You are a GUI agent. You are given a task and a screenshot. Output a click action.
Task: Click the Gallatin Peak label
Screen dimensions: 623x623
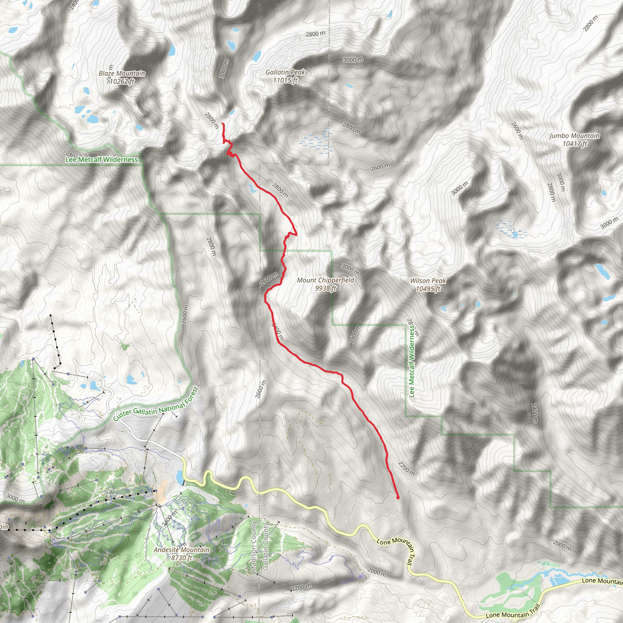coord(285,72)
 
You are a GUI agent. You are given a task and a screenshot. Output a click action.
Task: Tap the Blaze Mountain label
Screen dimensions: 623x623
coord(122,74)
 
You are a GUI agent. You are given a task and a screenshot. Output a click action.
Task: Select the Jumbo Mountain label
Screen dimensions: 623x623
coord(574,136)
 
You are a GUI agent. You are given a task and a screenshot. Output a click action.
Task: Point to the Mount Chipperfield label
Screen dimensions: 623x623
coord(325,280)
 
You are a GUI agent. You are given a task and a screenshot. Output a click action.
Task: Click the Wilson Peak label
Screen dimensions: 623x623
coord(428,281)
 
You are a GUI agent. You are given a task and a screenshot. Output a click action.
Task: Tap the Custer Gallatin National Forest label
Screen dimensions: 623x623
coord(156,404)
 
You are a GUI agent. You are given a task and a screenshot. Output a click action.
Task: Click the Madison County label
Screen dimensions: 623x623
coord(254,547)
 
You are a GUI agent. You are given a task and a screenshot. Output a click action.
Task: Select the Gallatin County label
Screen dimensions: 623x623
coord(265,547)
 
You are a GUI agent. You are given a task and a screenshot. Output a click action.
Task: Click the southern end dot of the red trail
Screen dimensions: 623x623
coord(398,498)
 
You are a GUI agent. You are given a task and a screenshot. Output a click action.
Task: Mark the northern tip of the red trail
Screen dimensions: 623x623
coord(222,124)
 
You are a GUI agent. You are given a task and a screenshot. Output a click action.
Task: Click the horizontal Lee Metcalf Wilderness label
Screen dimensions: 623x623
coord(102,160)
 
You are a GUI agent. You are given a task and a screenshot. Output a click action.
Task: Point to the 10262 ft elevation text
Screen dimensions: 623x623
coord(122,81)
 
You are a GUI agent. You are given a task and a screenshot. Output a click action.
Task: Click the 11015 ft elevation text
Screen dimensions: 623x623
coord(285,80)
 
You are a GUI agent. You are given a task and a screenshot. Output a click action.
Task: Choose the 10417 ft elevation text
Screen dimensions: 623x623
coord(574,144)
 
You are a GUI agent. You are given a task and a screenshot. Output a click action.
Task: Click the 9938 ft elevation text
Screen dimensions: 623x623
coord(325,288)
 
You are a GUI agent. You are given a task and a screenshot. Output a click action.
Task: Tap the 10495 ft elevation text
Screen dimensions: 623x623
coord(428,289)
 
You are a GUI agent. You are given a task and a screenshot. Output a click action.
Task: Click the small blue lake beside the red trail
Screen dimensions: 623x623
coord(252,188)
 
